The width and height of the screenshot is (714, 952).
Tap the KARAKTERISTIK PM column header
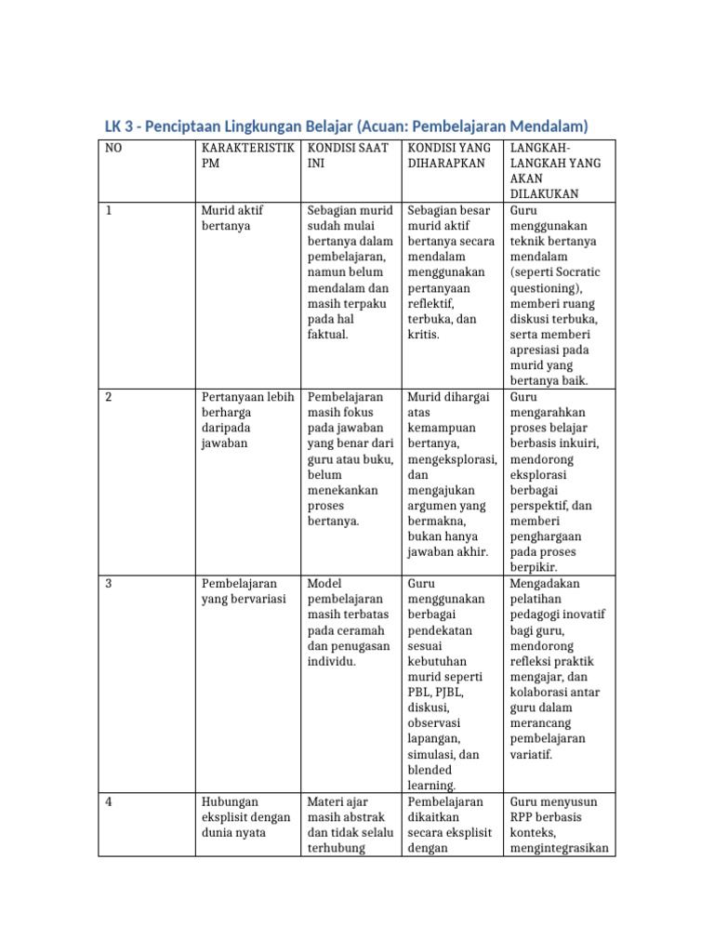[246, 155]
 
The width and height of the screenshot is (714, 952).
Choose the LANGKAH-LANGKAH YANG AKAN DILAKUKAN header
[554, 171]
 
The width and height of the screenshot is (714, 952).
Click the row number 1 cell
[109, 211]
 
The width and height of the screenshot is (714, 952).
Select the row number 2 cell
[109, 397]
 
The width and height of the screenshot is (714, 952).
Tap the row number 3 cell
[109, 583]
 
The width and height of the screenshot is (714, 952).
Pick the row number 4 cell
[109, 800]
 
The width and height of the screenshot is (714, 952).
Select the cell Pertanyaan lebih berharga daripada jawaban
[246, 420]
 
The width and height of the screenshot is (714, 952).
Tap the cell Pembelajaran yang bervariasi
[239, 590]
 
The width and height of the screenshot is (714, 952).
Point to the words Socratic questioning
[556, 280]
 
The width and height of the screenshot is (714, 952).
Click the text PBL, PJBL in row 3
[435, 692]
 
